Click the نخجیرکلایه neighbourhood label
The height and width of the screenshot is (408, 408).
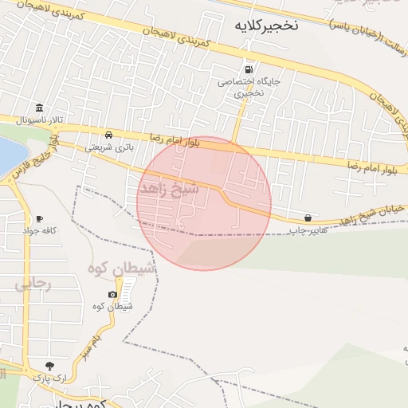(x=266, y=25)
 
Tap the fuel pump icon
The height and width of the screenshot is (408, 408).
(x=251, y=69)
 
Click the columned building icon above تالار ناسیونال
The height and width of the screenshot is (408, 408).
(x=38, y=108)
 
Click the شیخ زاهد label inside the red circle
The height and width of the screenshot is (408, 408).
(x=169, y=188)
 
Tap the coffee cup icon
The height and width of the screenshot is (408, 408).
(x=39, y=218)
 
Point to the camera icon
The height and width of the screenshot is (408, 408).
(x=112, y=295)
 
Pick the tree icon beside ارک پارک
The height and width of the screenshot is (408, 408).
(x=51, y=366)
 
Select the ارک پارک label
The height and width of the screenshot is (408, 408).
(x=51, y=378)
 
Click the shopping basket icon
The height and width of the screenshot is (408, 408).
(x=308, y=218)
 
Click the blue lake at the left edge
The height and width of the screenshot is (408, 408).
(x=8, y=155)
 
